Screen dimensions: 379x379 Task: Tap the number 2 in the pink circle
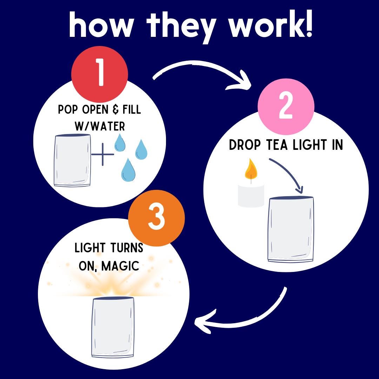coord(286,106)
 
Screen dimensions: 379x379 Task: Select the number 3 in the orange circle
coord(157,217)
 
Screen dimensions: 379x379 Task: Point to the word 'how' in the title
coord(101,25)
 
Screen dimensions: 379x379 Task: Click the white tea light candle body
coord(251,195)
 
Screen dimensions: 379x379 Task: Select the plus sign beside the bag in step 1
coord(103,154)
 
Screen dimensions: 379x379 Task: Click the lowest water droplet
coord(128,170)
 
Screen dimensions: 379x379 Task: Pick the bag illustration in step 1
coord(72,160)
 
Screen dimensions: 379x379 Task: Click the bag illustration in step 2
coord(291,229)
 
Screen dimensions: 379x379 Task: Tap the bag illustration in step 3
coord(113,327)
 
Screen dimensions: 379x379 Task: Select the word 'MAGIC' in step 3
coord(120,266)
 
